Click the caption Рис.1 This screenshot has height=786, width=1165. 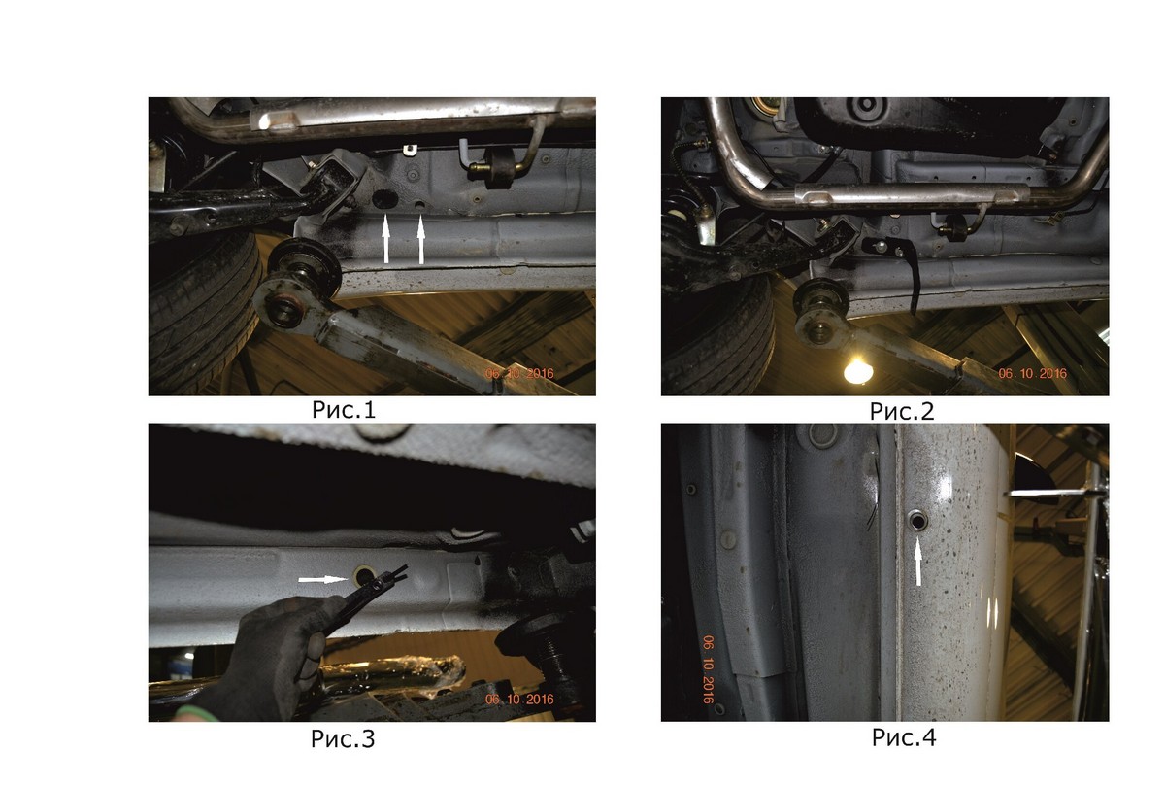pos(344,410)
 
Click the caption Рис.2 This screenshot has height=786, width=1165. pos(902,411)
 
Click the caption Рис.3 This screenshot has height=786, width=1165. pos(343,738)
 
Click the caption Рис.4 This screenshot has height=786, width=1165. pos(904,737)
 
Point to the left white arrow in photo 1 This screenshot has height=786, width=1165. pos(386,240)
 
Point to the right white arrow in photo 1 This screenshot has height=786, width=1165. pos(421,240)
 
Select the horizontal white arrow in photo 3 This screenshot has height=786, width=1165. pos(323,579)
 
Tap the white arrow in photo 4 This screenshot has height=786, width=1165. pos(918,562)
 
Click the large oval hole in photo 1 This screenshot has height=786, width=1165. pos(384,199)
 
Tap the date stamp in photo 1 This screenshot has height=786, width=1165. pos(519,373)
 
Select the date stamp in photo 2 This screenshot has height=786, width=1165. pos(1032,373)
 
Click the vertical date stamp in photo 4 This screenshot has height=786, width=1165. pos(709,669)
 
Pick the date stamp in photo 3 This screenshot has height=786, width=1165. pos(519,700)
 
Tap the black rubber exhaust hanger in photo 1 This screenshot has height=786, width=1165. pos(498,168)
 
